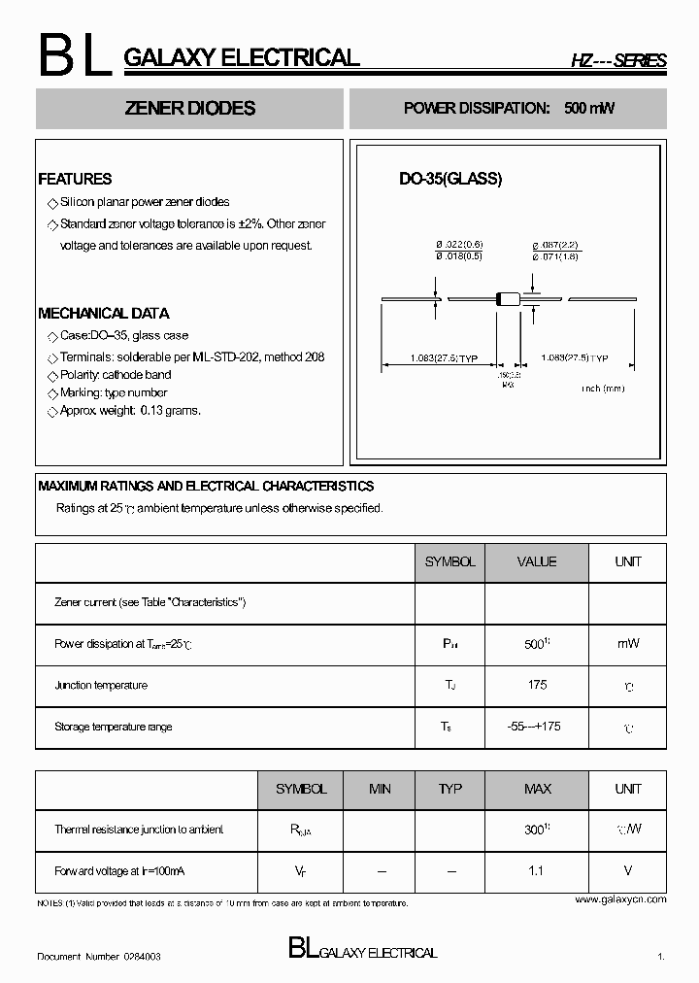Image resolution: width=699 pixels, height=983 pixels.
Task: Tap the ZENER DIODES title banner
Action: (x=190, y=109)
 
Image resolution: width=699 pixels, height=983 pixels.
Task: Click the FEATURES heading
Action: (x=75, y=179)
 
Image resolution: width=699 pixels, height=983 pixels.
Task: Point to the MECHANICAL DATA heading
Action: (x=103, y=314)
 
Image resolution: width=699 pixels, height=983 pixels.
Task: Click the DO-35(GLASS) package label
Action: (x=450, y=179)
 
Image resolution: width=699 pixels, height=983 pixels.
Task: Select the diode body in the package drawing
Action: (x=509, y=299)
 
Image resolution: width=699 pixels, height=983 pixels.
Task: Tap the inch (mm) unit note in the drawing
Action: (x=603, y=389)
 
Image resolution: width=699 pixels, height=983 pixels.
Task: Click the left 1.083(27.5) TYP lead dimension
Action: (x=445, y=358)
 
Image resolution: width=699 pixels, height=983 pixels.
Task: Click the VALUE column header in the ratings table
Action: (x=537, y=562)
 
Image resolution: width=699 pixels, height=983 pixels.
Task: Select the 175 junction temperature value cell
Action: (x=537, y=685)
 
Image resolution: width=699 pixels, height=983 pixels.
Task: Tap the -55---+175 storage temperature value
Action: (x=537, y=727)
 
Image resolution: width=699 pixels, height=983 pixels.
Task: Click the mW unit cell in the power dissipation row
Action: (x=627, y=643)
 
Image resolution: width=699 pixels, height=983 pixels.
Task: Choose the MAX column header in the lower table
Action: (x=537, y=790)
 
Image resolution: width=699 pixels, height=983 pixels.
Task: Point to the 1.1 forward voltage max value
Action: (x=536, y=871)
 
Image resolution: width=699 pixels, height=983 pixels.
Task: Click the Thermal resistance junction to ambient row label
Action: (x=139, y=830)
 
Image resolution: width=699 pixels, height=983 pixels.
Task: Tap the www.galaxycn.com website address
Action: (x=620, y=899)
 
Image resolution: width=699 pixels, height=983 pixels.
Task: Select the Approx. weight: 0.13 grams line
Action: (x=130, y=411)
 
